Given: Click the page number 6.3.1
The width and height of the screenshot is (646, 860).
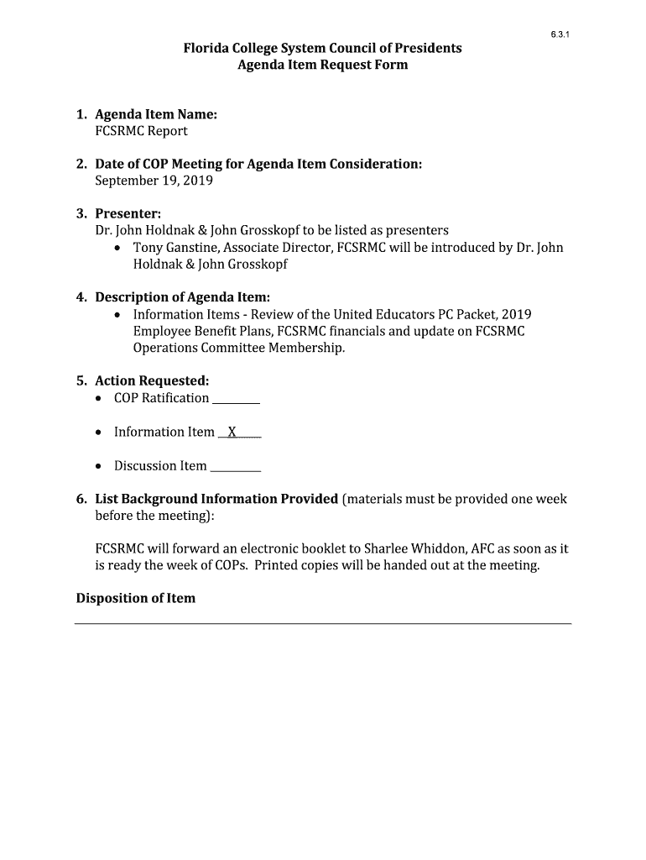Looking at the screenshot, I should (560, 34).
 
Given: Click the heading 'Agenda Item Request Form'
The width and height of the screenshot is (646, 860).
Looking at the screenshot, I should (323, 65).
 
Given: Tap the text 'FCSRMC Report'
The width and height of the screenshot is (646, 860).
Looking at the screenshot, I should (141, 131).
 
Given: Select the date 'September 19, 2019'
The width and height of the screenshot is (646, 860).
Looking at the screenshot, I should (154, 181).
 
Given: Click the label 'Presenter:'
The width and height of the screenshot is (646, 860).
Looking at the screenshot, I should (128, 214).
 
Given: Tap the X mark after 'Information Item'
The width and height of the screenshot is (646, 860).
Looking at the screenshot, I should (232, 432).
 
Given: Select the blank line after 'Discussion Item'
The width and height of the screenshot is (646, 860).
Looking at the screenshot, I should (235, 467).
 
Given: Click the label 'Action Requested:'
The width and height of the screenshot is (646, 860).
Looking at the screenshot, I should (152, 381).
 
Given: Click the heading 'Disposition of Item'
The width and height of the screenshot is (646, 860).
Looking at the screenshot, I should (136, 598).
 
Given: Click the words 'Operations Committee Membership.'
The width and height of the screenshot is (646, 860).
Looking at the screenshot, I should (239, 348).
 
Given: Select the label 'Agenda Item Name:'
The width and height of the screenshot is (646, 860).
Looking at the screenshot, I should (156, 114).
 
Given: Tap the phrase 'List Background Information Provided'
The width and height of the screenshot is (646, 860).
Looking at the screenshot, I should (216, 499).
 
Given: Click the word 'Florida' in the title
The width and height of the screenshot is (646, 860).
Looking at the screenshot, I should (206, 48).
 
